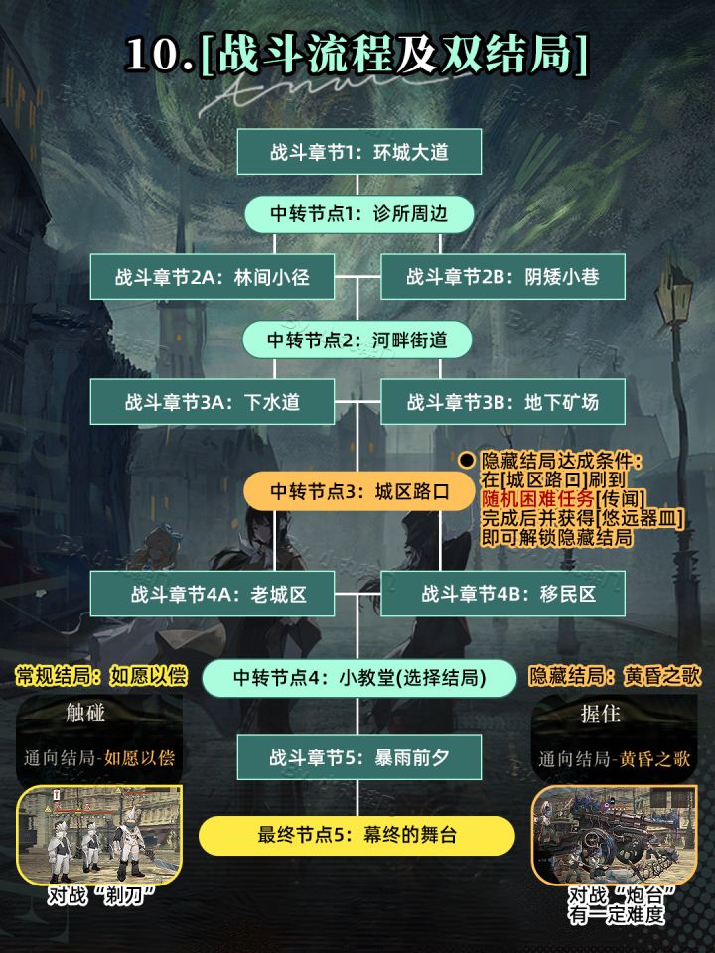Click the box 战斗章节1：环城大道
(358, 151)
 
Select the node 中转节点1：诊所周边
(358, 214)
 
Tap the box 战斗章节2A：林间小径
(213, 277)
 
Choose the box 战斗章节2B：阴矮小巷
(502, 277)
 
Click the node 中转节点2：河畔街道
(357, 340)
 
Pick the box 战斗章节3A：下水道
(213, 402)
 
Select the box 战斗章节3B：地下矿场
(502, 402)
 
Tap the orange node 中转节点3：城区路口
(358, 491)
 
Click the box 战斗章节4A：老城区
(213, 594)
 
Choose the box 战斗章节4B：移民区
(502, 594)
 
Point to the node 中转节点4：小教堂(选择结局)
(359, 678)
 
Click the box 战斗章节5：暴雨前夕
(358, 757)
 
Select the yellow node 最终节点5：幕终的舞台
(357, 835)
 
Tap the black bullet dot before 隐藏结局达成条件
(467, 460)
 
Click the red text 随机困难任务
(537, 499)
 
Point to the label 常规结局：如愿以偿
(101, 676)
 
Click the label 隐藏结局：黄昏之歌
(615, 676)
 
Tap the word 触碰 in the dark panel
(85, 713)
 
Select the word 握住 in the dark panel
(600, 713)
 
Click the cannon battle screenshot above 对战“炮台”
(614, 835)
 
